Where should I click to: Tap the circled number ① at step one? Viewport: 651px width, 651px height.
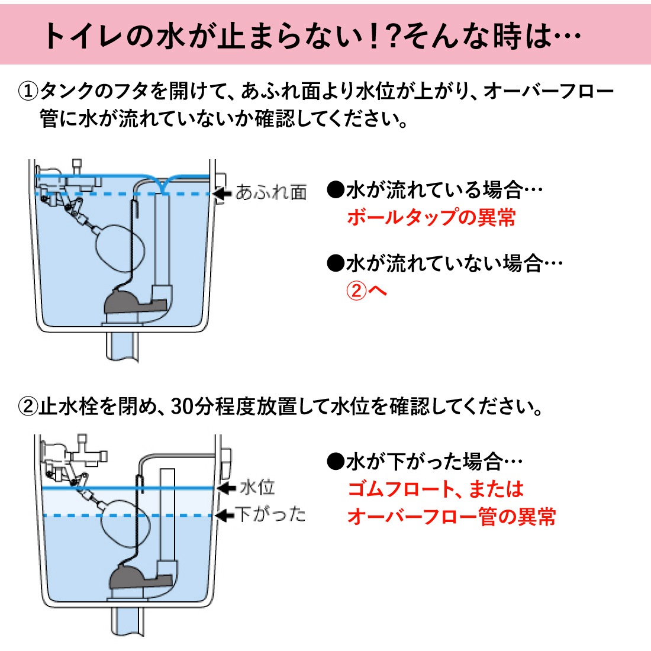[28, 92]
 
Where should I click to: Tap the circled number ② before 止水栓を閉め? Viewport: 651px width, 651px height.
[28, 407]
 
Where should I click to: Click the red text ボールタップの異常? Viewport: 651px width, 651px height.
[431, 217]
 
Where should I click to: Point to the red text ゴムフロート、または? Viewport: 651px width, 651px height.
[435, 489]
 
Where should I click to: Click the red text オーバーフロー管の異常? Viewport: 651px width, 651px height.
[451, 517]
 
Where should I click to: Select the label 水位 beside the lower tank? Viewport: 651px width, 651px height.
[257, 488]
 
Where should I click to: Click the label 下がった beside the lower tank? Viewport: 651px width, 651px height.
[270, 514]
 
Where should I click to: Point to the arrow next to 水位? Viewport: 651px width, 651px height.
[227, 488]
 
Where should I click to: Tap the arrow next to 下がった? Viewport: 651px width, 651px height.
[224, 515]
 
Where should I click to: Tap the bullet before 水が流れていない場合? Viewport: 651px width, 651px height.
[335, 263]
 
